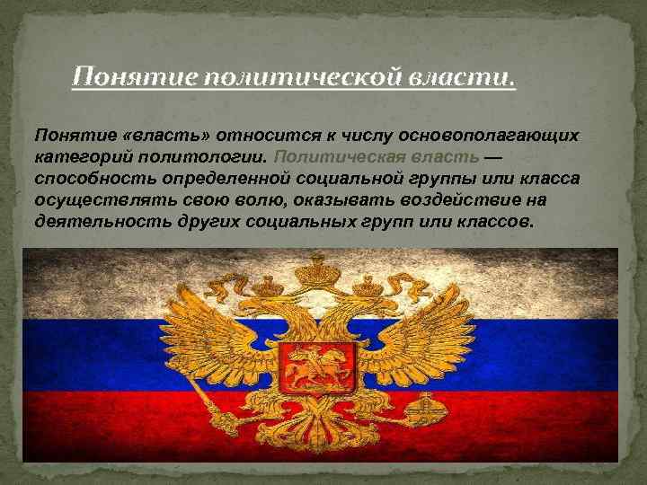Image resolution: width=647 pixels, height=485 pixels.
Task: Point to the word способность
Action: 86,178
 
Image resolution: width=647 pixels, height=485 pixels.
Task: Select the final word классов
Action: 495,221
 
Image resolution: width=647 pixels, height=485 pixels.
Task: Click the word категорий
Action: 78,156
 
